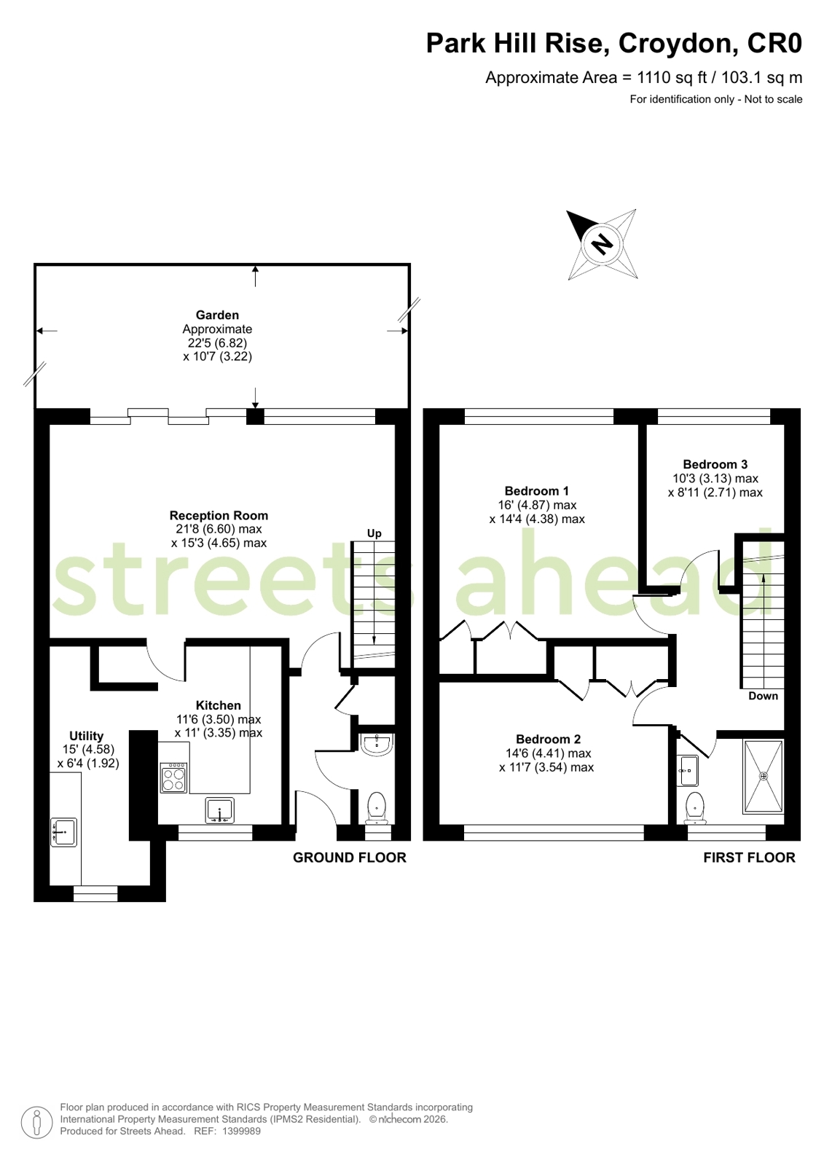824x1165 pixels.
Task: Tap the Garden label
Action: (217, 315)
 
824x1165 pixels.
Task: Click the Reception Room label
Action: (219, 515)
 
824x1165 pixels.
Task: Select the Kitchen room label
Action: (219, 705)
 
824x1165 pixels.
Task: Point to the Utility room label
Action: (87, 736)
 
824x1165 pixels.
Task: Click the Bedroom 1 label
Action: (537, 491)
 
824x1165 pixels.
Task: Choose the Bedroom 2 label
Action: (549, 739)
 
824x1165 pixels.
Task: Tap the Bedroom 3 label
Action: (715, 464)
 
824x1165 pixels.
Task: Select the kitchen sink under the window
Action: (220, 811)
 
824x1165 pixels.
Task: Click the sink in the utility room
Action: (64, 832)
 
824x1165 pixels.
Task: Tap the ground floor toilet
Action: (376, 808)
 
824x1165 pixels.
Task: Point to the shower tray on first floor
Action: (764, 777)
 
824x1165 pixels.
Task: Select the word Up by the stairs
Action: (374, 533)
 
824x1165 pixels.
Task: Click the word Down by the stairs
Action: (763, 696)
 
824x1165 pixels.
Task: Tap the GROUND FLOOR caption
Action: (350, 858)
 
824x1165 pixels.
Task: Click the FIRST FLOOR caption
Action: (750, 858)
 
